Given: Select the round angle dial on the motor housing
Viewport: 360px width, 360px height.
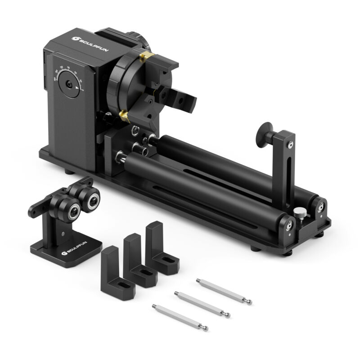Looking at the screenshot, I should [x=70, y=84].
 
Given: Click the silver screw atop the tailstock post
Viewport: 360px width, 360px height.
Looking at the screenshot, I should [x=291, y=144].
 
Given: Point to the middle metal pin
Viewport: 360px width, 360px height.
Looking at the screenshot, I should [x=202, y=304].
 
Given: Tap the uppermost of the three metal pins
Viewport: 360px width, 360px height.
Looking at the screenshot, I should [x=224, y=291].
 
